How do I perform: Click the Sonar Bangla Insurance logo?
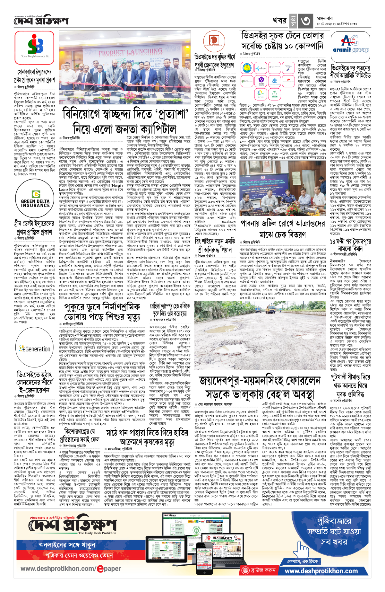click(35, 48)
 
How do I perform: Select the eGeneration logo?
click(35, 349)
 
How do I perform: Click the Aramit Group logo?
click(351, 44)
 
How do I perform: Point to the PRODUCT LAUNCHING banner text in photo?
click(130, 52)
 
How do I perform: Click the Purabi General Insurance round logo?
click(214, 40)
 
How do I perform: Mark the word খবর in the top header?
click(279, 21)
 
